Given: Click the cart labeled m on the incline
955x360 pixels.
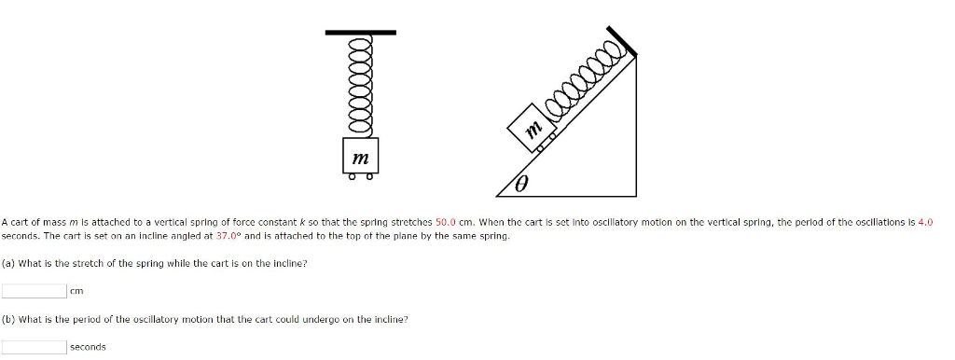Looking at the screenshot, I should [x=533, y=131].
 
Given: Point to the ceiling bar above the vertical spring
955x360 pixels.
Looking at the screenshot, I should [x=360, y=33].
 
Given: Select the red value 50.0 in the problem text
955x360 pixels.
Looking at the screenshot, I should [x=447, y=223].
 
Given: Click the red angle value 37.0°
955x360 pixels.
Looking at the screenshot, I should [x=230, y=237].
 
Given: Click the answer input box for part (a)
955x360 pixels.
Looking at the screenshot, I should [x=34, y=291].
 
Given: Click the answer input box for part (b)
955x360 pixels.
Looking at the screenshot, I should [x=34, y=347].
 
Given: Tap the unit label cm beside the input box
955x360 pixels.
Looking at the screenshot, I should [x=76, y=291].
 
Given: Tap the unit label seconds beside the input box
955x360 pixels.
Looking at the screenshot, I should [x=88, y=347].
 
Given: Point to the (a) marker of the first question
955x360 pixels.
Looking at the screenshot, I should [x=7, y=264].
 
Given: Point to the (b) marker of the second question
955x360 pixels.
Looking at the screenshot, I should [x=7, y=319].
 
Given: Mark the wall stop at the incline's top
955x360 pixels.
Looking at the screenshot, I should [x=624, y=39].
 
